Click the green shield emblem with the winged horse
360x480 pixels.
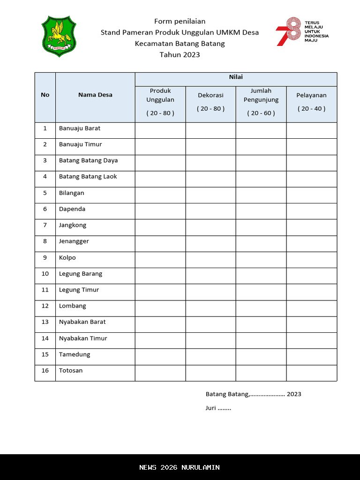click(x=59, y=36)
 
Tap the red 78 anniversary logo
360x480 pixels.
click(x=288, y=31)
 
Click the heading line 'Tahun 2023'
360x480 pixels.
click(x=180, y=54)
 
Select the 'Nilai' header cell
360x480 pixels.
click(x=236, y=77)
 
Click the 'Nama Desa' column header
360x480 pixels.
click(x=95, y=95)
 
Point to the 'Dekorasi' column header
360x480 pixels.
click(x=210, y=95)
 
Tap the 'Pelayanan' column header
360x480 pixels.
click(x=311, y=95)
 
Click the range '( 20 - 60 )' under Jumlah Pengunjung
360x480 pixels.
click(x=261, y=113)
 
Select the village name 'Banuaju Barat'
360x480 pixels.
click(x=80, y=128)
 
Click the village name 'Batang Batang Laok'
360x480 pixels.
click(x=88, y=177)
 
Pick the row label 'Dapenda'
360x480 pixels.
click(x=72, y=209)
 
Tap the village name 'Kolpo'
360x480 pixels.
click(x=67, y=257)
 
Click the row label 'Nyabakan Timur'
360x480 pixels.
click(x=83, y=338)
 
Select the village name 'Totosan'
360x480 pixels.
click(x=71, y=370)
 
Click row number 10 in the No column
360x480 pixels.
click(x=45, y=274)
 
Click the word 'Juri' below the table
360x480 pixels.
click(x=211, y=408)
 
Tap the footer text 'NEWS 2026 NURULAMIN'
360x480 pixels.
click(x=180, y=467)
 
